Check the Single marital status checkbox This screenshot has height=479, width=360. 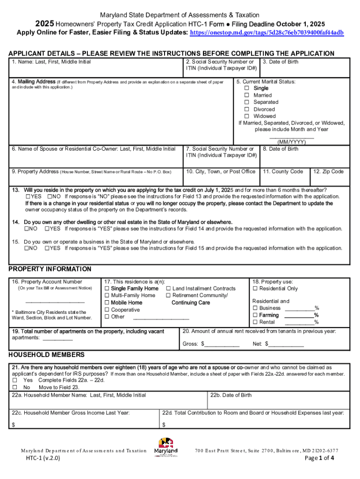[247, 88]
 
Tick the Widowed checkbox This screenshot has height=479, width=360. [247, 116]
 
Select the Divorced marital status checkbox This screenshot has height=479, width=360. [247, 109]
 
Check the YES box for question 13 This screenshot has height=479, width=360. [28, 197]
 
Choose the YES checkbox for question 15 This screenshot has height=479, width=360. [47, 248]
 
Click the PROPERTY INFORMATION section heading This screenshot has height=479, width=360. [50, 269]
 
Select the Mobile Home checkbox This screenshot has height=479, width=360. [107, 303]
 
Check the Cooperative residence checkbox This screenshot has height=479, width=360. [107, 310]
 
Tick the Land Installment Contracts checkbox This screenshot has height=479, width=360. [169, 289]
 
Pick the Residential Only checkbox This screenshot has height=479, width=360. [255, 289]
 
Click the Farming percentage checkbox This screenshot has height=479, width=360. [255, 315]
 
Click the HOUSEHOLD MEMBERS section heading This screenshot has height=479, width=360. [47, 355]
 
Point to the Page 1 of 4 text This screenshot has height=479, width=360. [319, 458]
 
